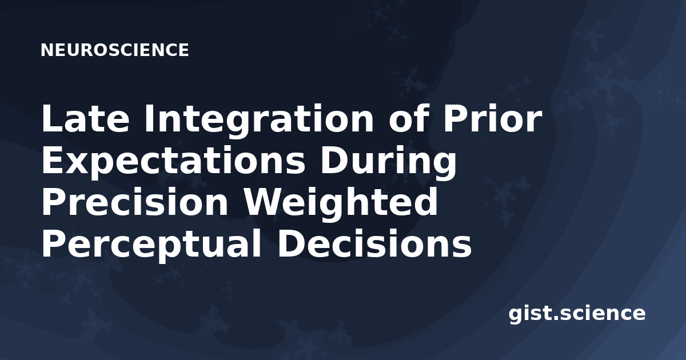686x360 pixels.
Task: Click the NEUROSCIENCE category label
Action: click(x=114, y=50)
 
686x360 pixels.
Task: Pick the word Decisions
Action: click(x=374, y=243)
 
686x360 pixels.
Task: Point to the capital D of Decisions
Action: click(x=290, y=243)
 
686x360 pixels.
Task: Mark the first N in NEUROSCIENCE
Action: click(x=47, y=50)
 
